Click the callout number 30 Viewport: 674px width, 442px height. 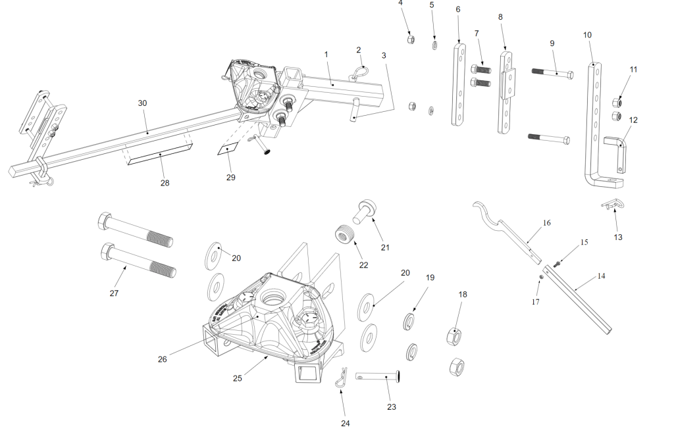coord(142,103)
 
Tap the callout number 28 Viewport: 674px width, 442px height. coord(165,183)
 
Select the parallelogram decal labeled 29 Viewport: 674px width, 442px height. coord(226,149)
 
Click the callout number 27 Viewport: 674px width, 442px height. coord(114,294)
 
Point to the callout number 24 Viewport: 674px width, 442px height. coord(345,424)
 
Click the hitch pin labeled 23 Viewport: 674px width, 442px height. coord(379,377)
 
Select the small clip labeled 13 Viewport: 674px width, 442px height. coord(613,207)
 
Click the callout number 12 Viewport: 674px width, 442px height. coord(633,120)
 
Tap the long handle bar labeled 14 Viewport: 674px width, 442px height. coord(578,299)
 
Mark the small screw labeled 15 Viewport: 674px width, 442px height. coord(557,264)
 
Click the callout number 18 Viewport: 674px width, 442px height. coord(463,295)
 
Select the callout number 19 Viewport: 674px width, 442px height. coord(430,278)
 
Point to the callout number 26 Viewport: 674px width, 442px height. coord(163,359)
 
